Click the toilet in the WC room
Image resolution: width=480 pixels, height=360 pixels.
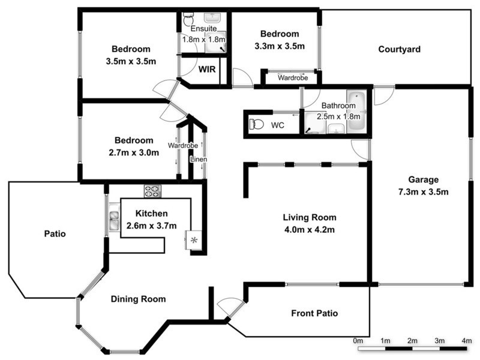257,125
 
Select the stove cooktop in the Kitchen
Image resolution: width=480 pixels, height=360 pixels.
152,191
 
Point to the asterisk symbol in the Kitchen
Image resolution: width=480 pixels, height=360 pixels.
194,240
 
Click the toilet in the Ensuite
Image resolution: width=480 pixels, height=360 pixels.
188,19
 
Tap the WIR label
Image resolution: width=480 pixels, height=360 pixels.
208,69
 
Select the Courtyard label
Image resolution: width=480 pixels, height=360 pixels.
399,49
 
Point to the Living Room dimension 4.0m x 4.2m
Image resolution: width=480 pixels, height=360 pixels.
309,229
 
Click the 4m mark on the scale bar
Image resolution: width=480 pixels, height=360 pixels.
466,341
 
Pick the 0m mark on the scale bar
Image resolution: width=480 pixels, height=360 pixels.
358,341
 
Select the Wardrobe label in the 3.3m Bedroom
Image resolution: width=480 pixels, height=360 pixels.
292,77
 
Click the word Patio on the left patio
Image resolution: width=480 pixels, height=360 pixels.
55,233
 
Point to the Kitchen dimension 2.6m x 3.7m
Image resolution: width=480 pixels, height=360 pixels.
152,226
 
